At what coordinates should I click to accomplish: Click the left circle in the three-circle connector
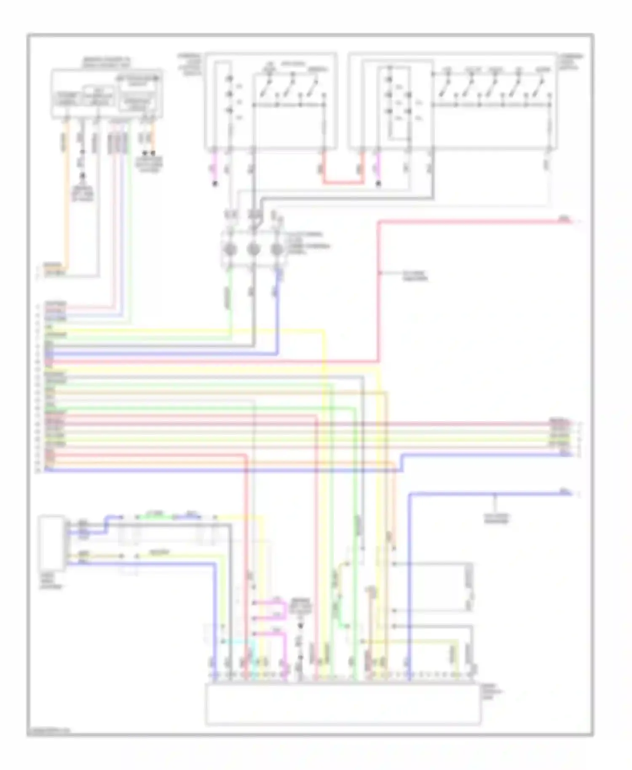[x=230, y=249]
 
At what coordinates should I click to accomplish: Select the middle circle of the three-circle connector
[x=253, y=249]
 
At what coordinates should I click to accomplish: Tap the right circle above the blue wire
[x=276, y=249]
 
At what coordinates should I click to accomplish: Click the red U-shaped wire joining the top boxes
[x=343, y=182]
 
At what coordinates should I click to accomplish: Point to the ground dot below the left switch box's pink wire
[x=215, y=184]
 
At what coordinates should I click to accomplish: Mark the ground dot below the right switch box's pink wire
[x=378, y=184]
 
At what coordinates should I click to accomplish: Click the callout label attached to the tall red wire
[x=415, y=276]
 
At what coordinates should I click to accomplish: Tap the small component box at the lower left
[x=52, y=542]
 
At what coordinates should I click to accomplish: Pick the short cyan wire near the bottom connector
[x=238, y=642]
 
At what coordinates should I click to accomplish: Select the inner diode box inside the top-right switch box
[x=399, y=102]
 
